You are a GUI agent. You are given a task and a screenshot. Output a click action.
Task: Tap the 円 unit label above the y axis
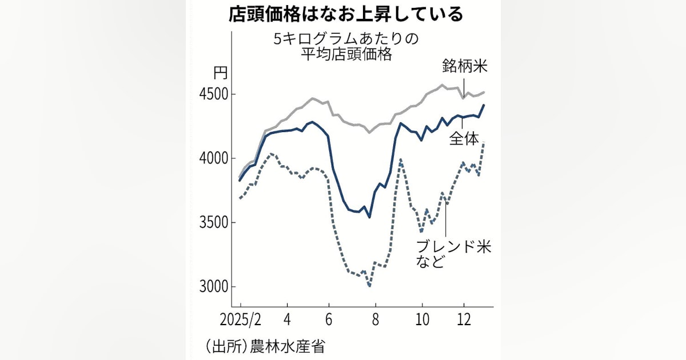[221, 73]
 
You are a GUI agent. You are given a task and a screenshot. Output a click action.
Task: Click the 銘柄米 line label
[464, 66]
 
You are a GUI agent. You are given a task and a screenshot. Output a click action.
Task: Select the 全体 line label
[464, 139]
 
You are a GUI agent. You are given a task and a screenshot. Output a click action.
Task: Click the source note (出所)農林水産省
[268, 346]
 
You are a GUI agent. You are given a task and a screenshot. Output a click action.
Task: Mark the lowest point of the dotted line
[370, 286]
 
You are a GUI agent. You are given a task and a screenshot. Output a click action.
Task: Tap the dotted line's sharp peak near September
[400, 160]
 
